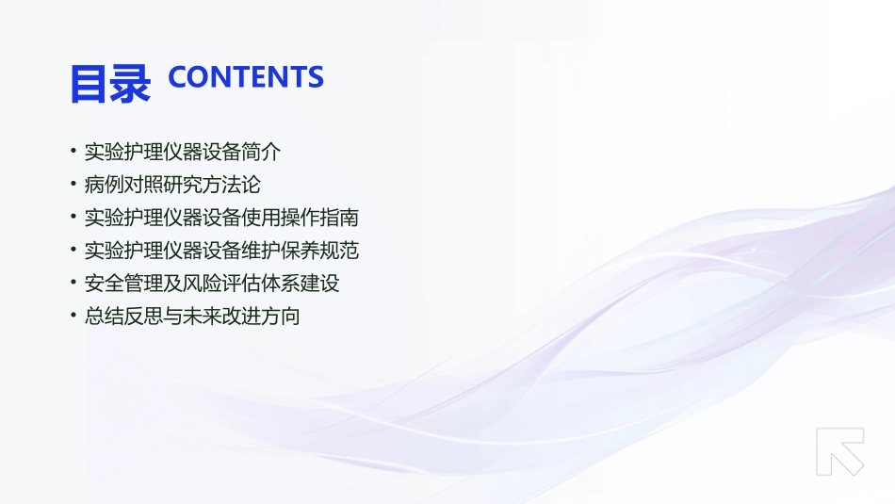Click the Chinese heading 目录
click(x=110, y=84)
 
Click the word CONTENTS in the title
click(x=245, y=77)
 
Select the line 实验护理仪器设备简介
click(x=182, y=152)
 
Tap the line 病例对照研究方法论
click(x=172, y=185)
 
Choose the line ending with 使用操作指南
click(x=221, y=218)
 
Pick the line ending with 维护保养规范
click(x=221, y=251)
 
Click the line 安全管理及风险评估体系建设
click(x=212, y=284)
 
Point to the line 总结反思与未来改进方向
click(x=192, y=317)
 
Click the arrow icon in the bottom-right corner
click(x=839, y=451)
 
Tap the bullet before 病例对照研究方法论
click(x=73, y=185)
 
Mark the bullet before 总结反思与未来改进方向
click(x=73, y=317)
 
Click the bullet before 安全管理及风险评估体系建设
click(x=73, y=284)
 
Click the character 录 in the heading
click(x=131, y=84)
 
